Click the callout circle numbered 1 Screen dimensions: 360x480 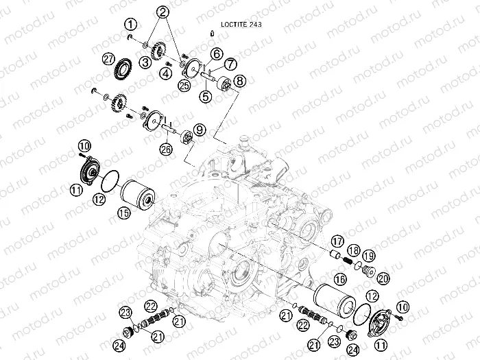(x=131, y=25)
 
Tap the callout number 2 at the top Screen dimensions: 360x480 (x=163, y=12)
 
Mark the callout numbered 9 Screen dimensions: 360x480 (x=199, y=128)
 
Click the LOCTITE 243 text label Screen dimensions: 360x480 (x=237, y=23)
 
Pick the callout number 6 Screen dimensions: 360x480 (x=215, y=53)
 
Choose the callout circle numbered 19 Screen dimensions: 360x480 (x=368, y=255)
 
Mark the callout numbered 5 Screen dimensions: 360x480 (x=206, y=97)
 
